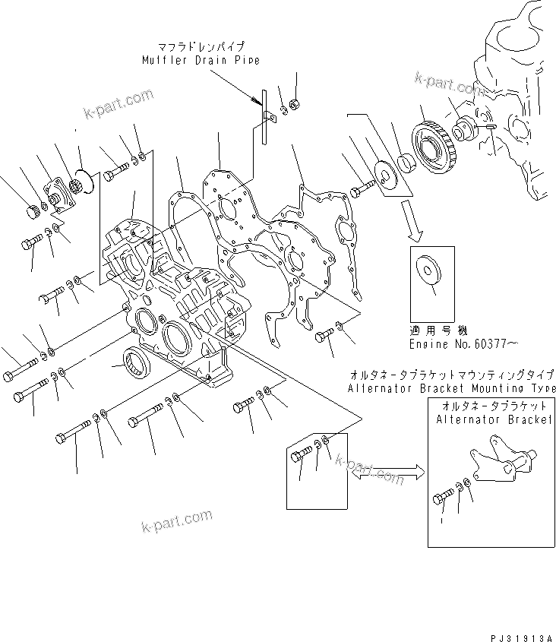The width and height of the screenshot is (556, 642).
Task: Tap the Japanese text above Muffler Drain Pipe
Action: tap(200, 46)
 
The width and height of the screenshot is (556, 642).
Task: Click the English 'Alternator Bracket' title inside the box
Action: tap(493, 420)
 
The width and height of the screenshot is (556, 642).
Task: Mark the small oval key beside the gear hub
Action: tap(490, 127)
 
